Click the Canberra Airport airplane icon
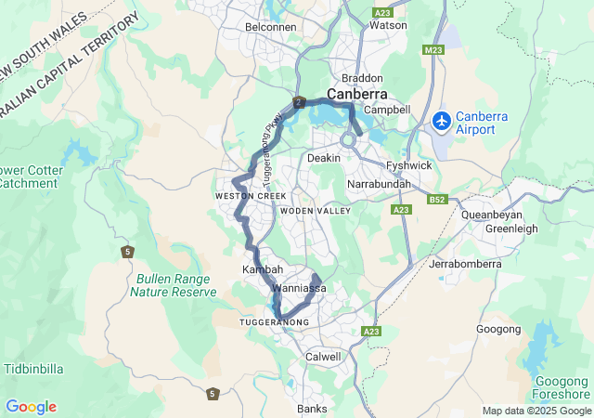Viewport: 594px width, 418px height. point(442,121)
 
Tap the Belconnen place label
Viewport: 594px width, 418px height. point(270,27)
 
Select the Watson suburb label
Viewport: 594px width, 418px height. point(388,25)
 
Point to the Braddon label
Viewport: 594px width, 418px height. point(362,78)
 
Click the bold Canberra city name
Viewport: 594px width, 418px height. point(357,94)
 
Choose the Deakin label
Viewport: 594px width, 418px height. point(324,158)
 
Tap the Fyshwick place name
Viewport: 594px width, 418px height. point(409,165)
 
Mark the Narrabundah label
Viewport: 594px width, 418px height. point(379,186)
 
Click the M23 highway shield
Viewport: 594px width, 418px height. point(433,50)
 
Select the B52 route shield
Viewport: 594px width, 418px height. point(438,200)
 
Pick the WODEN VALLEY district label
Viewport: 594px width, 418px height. point(321,211)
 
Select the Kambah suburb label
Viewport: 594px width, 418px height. point(262,269)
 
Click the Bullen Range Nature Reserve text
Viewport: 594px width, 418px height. point(174,285)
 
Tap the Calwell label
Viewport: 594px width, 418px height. point(323,357)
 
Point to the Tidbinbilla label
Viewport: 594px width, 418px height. point(33,369)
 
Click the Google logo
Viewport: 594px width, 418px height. point(31,407)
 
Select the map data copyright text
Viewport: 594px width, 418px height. point(536,411)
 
